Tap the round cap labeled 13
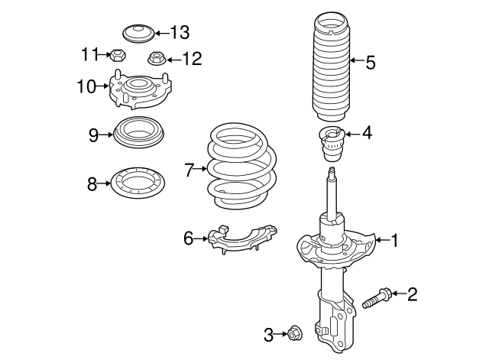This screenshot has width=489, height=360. (138, 34)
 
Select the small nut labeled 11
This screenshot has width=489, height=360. (117, 54)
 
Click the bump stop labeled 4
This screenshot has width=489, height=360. (333, 143)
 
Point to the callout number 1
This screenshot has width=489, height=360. (394, 241)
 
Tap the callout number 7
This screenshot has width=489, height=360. (189, 169)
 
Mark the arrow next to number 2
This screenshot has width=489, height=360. (399, 294)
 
